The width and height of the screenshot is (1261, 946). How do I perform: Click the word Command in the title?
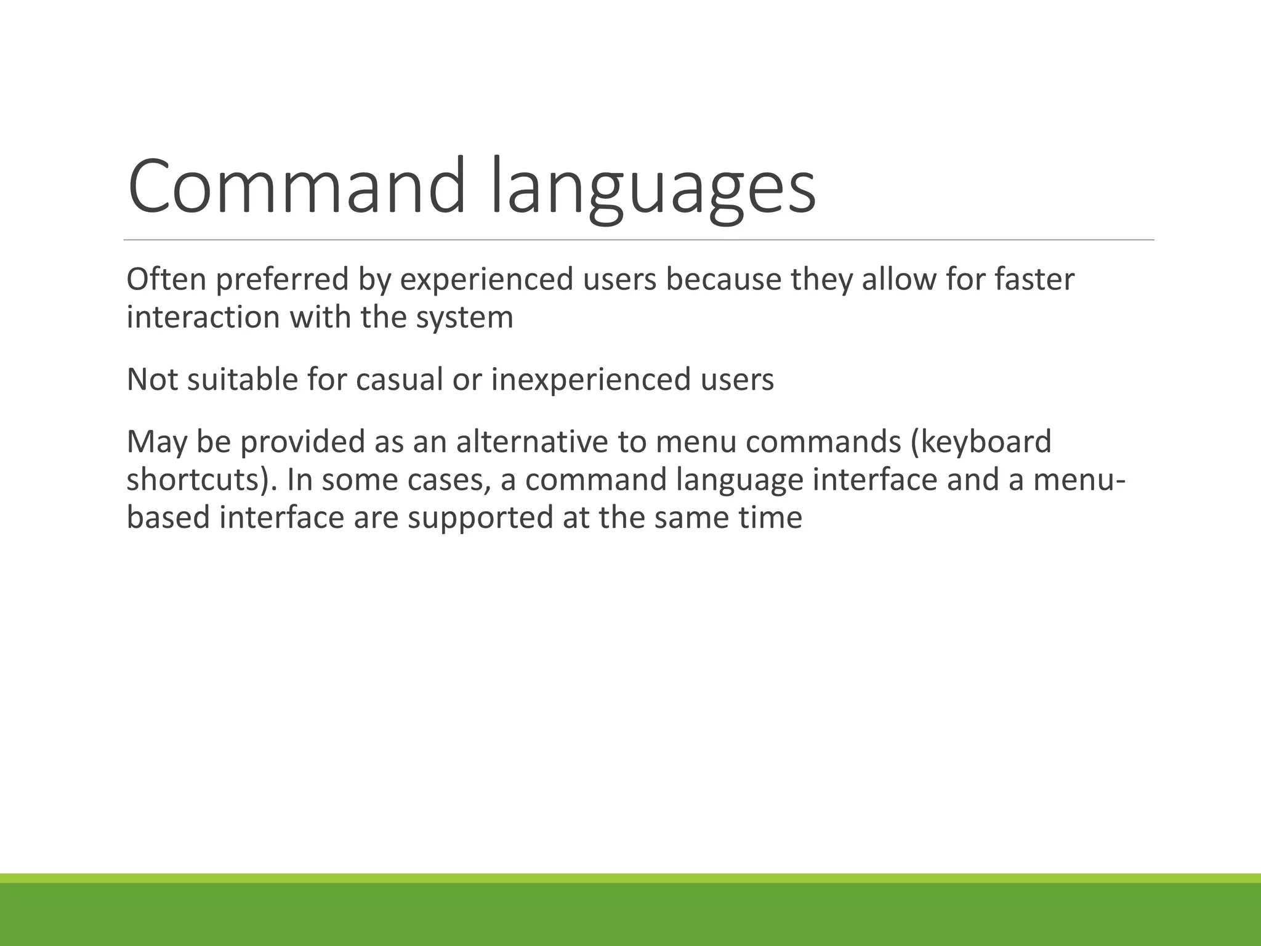pos(296,186)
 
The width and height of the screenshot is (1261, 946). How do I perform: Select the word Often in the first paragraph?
pos(166,279)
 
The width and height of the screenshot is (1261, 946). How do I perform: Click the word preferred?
pos(282,280)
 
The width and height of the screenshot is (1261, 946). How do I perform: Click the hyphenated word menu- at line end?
pos(1079,480)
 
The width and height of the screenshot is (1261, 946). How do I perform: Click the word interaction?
pos(203,318)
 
